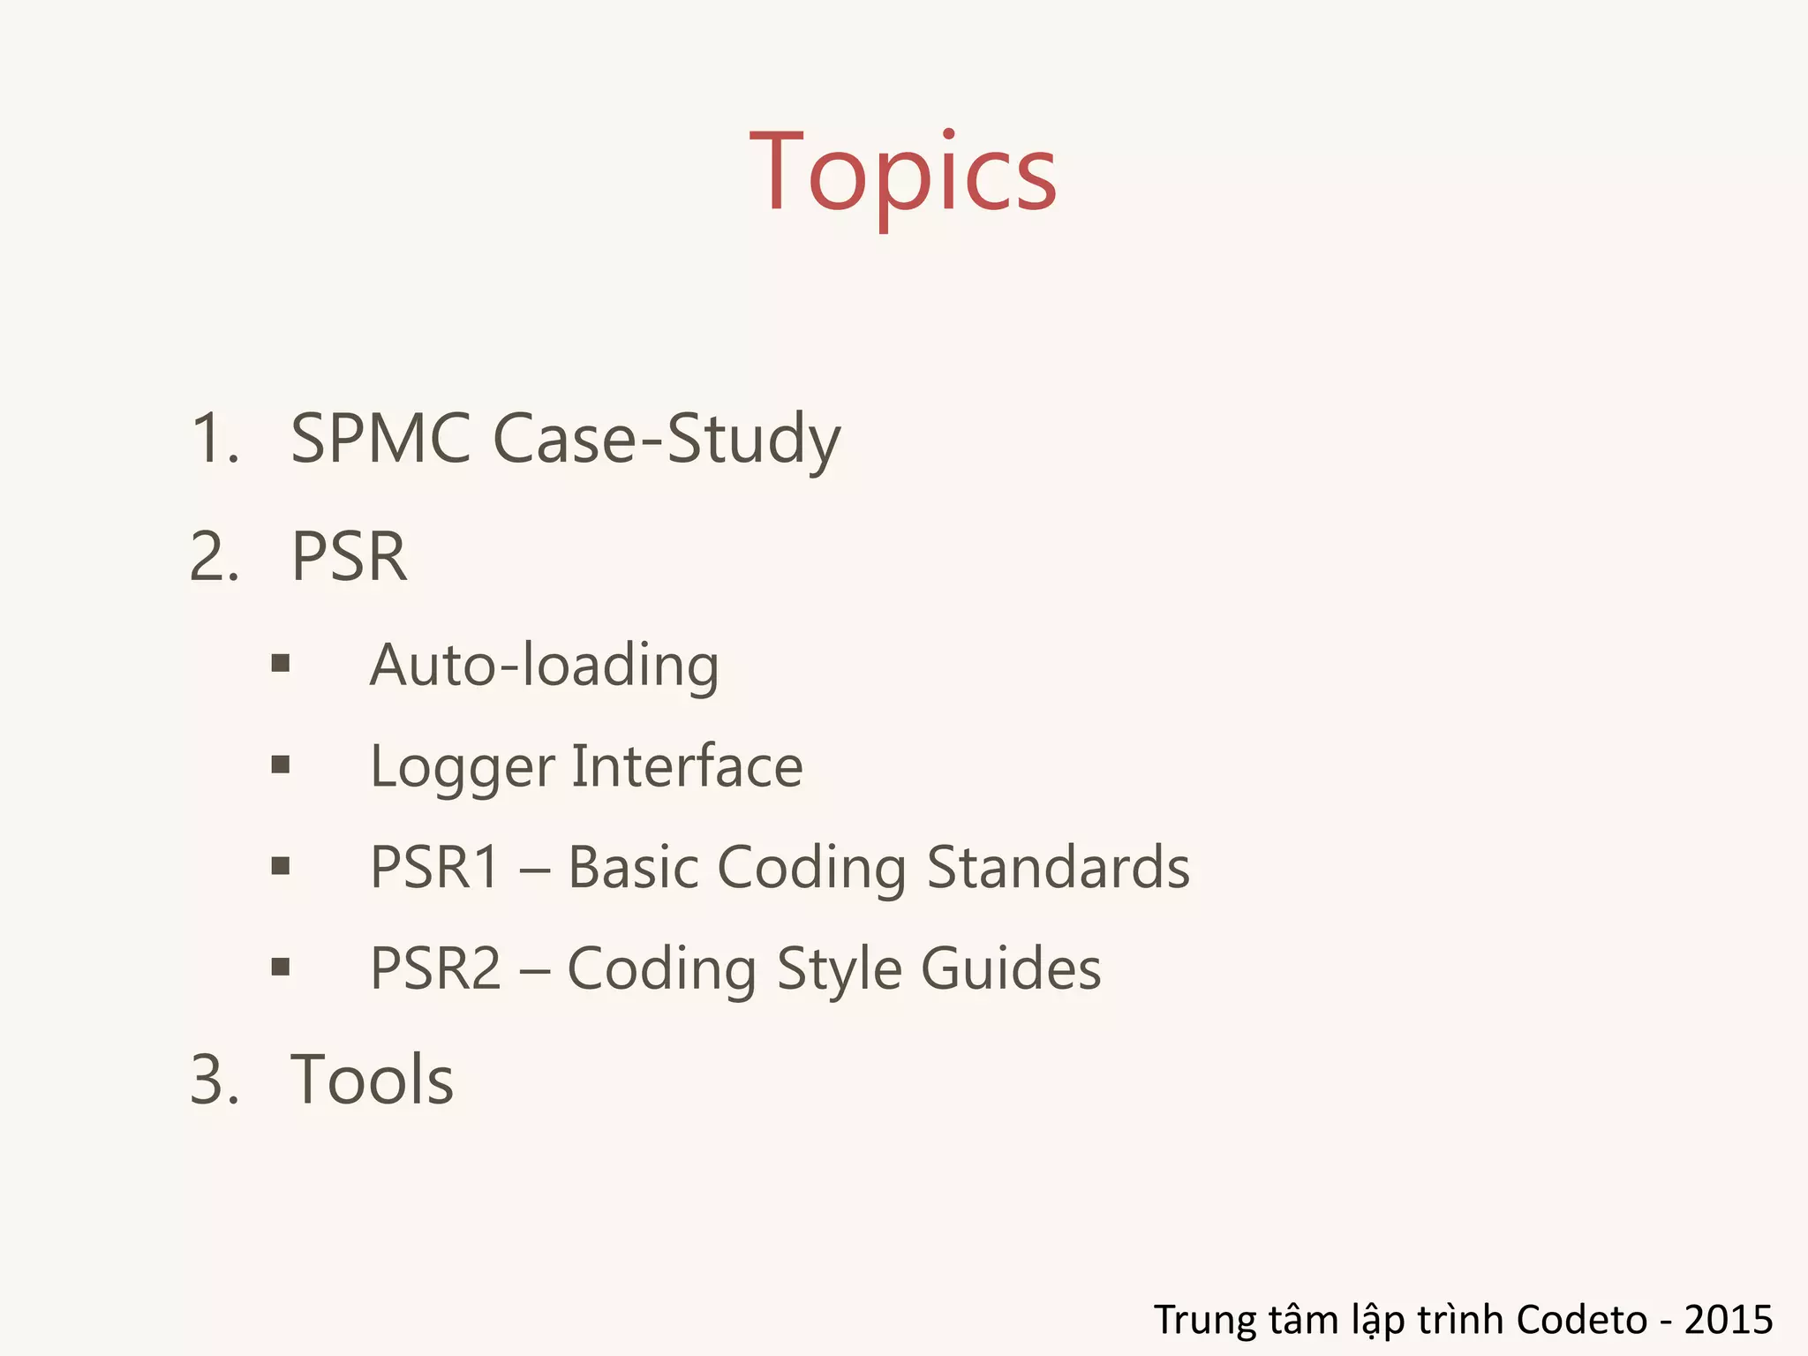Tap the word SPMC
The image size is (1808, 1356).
pyautogui.click(x=380, y=438)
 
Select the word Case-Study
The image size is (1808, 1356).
pyautogui.click(x=667, y=440)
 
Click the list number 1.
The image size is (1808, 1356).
pyautogui.click(x=215, y=439)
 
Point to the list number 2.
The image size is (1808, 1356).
pyautogui.click(x=215, y=557)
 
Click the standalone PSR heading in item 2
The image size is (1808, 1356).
pyautogui.click(x=350, y=557)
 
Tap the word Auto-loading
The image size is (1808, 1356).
pyautogui.click(x=544, y=666)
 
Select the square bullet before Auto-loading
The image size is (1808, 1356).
pyautogui.click(x=281, y=664)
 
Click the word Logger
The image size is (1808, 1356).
pyautogui.click(x=463, y=767)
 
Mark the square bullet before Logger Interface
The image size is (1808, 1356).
pyautogui.click(x=281, y=765)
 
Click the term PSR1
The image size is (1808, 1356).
pyautogui.click(x=435, y=867)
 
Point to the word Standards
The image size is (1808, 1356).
pyautogui.click(x=1058, y=867)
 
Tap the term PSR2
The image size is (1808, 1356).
pyautogui.click(x=435, y=968)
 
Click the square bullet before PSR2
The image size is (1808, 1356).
pyautogui.click(x=281, y=967)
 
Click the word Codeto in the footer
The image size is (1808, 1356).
pyautogui.click(x=1581, y=1319)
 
